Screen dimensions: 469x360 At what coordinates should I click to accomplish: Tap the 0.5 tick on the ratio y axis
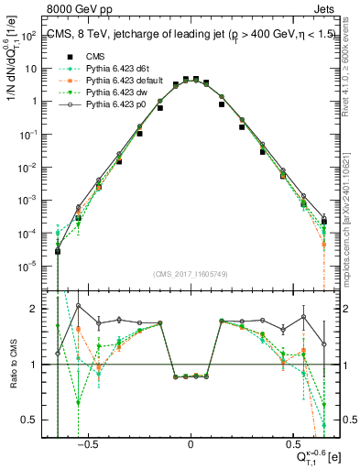click(x=33, y=420)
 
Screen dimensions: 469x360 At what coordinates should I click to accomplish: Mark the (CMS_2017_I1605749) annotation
click(x=191, y=275)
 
